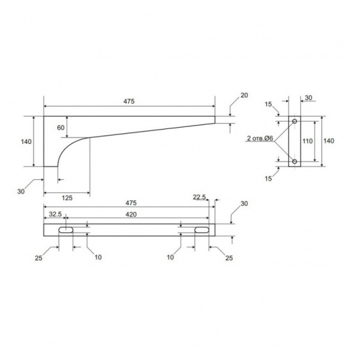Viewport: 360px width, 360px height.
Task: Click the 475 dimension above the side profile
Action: (129, 101)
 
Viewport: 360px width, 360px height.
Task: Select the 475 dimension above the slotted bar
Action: (131, 203)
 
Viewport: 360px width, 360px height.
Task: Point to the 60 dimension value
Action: (61, 128)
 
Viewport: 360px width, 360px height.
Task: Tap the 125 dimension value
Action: (67, 198)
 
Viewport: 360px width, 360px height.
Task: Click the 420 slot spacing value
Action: (131, 215)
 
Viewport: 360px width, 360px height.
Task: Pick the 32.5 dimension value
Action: (56, 214)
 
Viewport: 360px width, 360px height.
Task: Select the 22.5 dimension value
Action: (199, 197)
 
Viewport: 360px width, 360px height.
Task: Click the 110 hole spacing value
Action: (308, 141)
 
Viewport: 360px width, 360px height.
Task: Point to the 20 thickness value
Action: (244, 96)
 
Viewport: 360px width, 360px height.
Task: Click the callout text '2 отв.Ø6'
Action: (260, 138)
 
